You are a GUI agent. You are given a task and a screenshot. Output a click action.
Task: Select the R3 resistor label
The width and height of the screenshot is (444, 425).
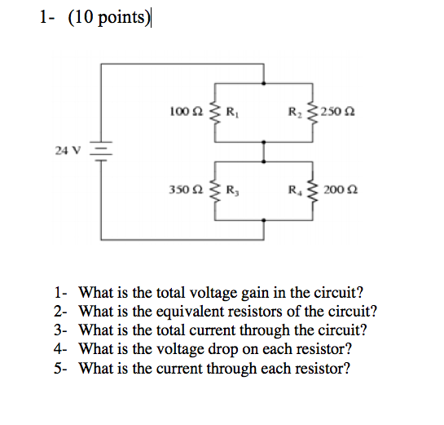(231, 190)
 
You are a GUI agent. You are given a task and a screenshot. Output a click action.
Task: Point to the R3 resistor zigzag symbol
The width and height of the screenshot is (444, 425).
(215, 191)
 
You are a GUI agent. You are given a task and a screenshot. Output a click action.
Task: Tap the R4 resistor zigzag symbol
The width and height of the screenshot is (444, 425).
(313, 191)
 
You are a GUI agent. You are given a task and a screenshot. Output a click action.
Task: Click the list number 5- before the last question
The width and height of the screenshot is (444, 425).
(62, 368)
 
